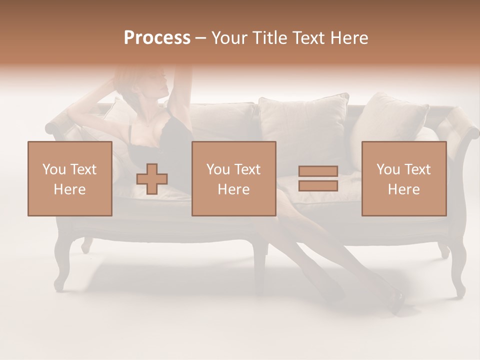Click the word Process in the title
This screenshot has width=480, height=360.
157,38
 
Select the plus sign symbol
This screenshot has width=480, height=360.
152,179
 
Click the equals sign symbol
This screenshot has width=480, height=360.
318,178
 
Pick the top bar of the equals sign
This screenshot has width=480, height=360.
318,171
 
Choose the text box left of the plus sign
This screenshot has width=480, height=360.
70,179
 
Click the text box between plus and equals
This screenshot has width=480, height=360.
234,179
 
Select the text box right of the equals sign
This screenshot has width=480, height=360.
404,179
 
